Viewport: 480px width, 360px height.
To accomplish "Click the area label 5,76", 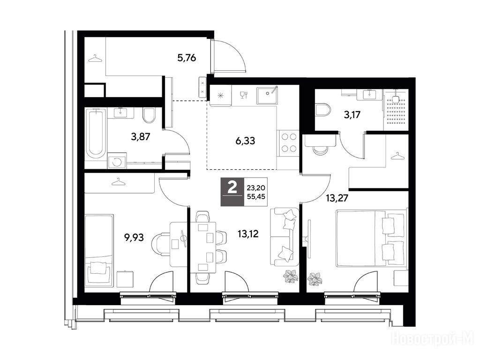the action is pos(187,58).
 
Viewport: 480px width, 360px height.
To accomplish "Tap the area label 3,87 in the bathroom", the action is pos(141,136).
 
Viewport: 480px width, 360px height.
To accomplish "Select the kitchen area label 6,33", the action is pos(245,141).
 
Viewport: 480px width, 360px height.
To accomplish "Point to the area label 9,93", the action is pos(134,237).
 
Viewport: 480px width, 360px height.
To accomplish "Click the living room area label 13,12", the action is pos(248,234).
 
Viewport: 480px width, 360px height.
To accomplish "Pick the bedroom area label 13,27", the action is pos(337,198).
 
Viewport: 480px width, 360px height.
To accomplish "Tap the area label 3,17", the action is pos(352,115).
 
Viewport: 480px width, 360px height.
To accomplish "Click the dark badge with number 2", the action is pos(232,192).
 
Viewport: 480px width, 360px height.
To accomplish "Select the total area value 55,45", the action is pos(256,197).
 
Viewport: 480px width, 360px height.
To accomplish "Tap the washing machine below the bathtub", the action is pos(117,161).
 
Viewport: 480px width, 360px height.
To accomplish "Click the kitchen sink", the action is pos(267,95).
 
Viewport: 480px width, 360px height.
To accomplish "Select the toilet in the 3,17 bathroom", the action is pos(323,110).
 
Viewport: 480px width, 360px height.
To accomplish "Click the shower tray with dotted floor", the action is pos(396,110).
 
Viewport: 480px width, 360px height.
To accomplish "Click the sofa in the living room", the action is pos(285,237).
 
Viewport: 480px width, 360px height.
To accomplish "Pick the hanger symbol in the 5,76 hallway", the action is pos(95,59).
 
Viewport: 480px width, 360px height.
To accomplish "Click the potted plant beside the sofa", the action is pos(291,277).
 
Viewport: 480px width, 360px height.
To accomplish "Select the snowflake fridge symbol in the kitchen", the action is pos(220,96).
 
